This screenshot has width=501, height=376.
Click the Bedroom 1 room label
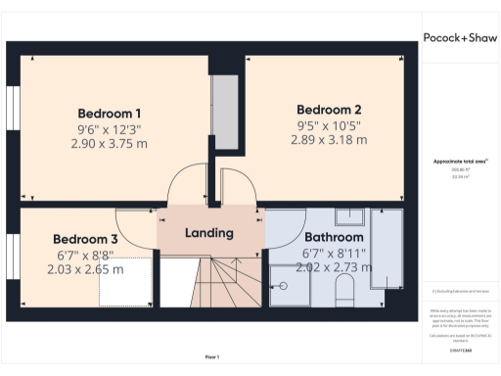tap(110, 112)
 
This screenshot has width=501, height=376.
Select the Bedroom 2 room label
tap(330, 109)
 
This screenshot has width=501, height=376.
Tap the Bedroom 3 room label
tap(85, 239)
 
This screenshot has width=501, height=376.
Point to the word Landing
tap(209, 233)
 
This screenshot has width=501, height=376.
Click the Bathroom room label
tap(334, 237)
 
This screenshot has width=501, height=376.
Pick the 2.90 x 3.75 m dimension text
tap(110, 143)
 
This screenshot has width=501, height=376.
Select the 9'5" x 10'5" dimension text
tap(330, 124)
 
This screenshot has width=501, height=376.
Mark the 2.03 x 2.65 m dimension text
tap(85, 269)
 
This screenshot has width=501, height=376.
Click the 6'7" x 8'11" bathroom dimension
tap(334, 253)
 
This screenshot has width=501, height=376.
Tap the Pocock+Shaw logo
tap(460, 37)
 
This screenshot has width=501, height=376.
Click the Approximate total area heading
tap(460, 161)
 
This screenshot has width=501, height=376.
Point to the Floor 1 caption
tap(211, 356)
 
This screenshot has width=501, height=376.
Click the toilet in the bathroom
tap(343, 289)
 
